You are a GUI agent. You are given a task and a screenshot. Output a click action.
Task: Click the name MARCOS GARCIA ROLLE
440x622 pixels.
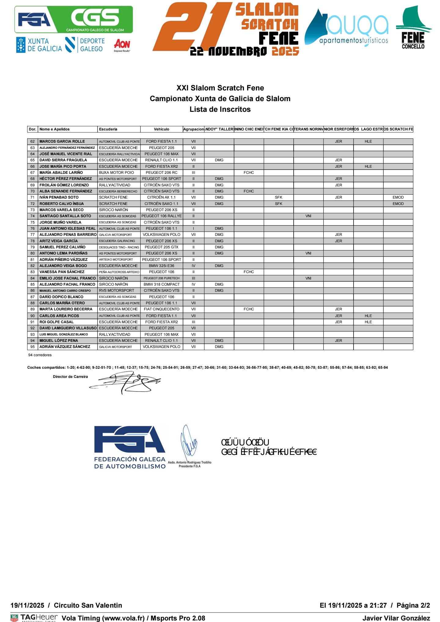pyautogui.click(x=62, y=141)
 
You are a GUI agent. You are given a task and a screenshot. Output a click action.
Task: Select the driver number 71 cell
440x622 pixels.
pyautogui.click(x=33, y=197)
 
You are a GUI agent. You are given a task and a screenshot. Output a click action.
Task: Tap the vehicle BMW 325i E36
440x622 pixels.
pyautogui.click(x=161, y=266)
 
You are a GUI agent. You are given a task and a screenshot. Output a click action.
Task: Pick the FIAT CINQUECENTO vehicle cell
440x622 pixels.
pyautogui.click(x=161, y=309)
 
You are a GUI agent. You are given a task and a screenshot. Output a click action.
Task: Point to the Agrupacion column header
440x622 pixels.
pyautogui.click(x=193, y=129)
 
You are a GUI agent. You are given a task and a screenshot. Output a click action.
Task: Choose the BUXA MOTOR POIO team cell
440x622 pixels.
pyautogui.click(x=116, y=173)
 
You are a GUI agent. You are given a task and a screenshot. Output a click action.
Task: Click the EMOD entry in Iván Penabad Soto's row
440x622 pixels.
pyautogui.click(x=398, y=197)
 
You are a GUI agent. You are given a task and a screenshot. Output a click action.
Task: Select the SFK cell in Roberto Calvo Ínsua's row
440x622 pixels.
pyautogui.click(x=278, y=204)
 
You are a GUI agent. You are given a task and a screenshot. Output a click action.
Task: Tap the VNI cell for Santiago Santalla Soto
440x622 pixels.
pyautogui.click(x=308, y=216)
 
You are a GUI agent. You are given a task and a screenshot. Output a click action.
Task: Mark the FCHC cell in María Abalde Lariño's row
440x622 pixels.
pyautogui.click(x=249, y=173)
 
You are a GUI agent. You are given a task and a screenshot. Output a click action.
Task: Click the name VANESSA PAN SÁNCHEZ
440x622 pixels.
pyautogui.click(x=62, y=272)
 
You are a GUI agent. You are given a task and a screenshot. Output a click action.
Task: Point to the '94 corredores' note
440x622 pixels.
pyautogui.click(x=40, y=355)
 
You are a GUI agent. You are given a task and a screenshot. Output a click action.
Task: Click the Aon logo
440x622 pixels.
pyautogui.click(x=122, y=45)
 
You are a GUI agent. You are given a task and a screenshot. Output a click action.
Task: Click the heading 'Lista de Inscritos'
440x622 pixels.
pyautogui.click(x=220, y=109)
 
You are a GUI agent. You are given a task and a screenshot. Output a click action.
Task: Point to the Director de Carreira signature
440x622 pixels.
pyautogui.click(x=125, y=382)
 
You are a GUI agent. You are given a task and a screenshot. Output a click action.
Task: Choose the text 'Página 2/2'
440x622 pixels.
pyautogui.click(x=413, y=605)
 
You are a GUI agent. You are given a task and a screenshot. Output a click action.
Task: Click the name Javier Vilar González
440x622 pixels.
pyautogui.click(x=396, y=618)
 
